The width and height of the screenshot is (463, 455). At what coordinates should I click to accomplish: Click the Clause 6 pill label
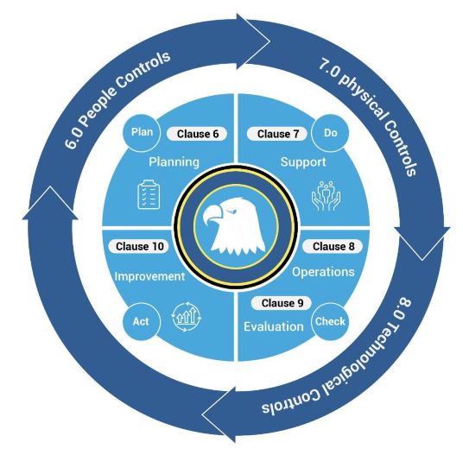coord(197,134)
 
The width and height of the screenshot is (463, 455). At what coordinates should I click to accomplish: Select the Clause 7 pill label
coord(277,134)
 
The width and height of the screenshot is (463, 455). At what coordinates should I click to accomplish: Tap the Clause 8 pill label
coord(333,246)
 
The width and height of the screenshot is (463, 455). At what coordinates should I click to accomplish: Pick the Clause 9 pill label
coord(282,303)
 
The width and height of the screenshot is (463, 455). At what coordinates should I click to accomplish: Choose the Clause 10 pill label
coord(139,246)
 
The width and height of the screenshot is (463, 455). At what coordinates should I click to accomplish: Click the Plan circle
coord(142,132)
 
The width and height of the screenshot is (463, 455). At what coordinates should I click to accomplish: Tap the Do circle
coord(330,133)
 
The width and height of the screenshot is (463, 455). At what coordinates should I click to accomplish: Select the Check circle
coord(330,321)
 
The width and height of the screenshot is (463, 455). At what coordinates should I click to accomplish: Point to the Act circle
coord(142,321)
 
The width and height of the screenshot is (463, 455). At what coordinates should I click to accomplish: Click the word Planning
coord(174,162)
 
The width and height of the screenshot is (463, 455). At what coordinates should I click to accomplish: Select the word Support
coord(303,162)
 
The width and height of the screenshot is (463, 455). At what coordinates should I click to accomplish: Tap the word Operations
coord(323,272)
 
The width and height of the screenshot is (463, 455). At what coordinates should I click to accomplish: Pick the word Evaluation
coord(274,326)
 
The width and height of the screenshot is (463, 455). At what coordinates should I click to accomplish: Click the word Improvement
coord(149,276)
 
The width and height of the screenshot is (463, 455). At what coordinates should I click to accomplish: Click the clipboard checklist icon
coord(149,195)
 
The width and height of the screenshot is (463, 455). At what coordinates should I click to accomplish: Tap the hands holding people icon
coord(326,196)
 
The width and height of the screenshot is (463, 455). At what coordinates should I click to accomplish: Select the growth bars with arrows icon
coord(187,316)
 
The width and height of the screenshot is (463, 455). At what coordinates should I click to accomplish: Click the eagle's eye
coord(232,211)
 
